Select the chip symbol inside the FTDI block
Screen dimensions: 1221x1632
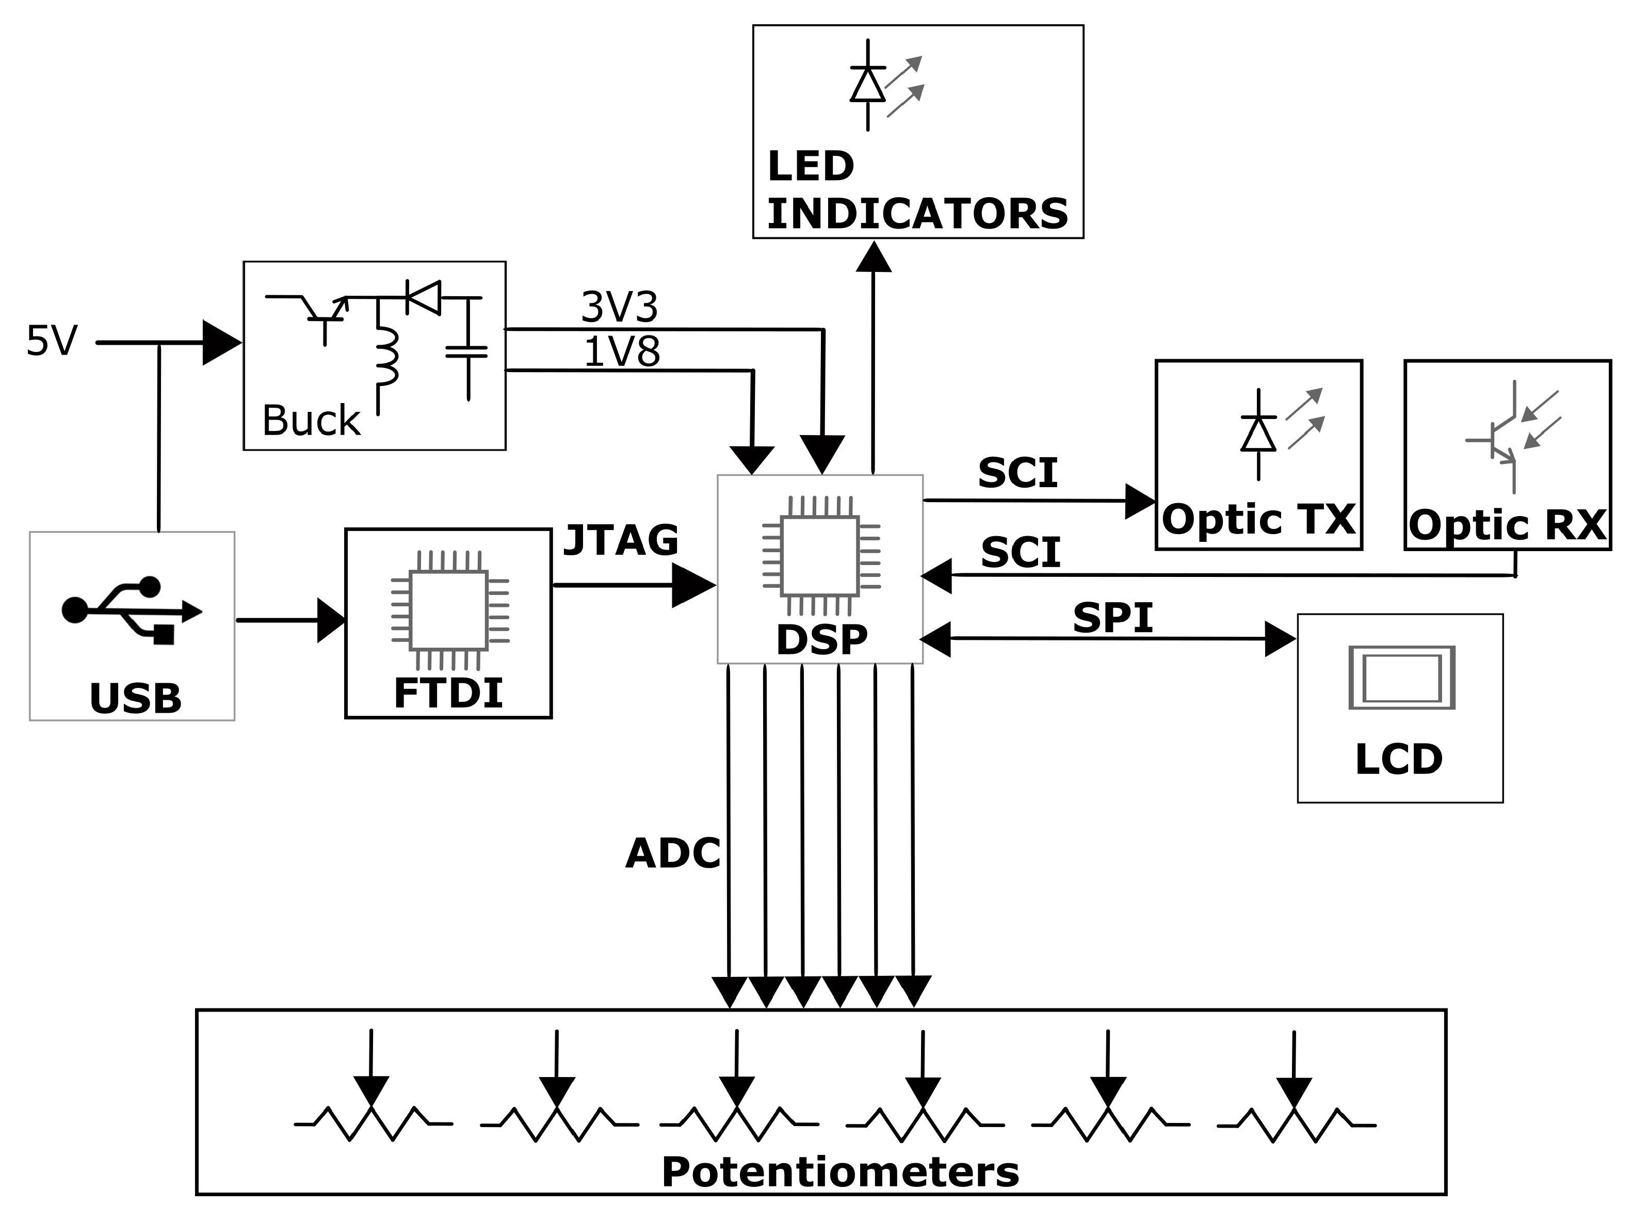coord(448,609)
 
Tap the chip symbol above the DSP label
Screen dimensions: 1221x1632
coord(820,555)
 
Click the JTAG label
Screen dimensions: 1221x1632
coord(621,541)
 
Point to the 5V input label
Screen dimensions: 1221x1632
coord(52,341)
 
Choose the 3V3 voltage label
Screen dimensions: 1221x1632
coord(619,307)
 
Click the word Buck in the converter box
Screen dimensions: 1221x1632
coord(311,421)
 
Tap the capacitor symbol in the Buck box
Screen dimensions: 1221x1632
coord(467,351)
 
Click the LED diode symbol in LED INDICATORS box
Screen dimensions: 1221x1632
coord(868,85)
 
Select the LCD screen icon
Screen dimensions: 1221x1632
coord(1401,677)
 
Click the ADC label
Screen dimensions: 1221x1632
coord(672,854)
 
